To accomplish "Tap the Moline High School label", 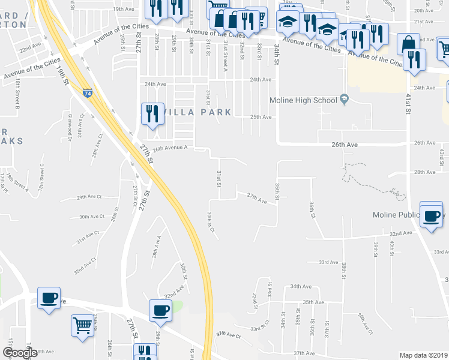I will click(x=303, y=100).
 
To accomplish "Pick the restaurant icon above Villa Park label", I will click(x=152, y=112).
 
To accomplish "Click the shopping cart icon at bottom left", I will click(x=83, y=326).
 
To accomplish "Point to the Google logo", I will click(x=20, y=353).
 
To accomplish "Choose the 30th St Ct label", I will click(x=209, y=223).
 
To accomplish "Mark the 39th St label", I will click(x=375, y=247).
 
